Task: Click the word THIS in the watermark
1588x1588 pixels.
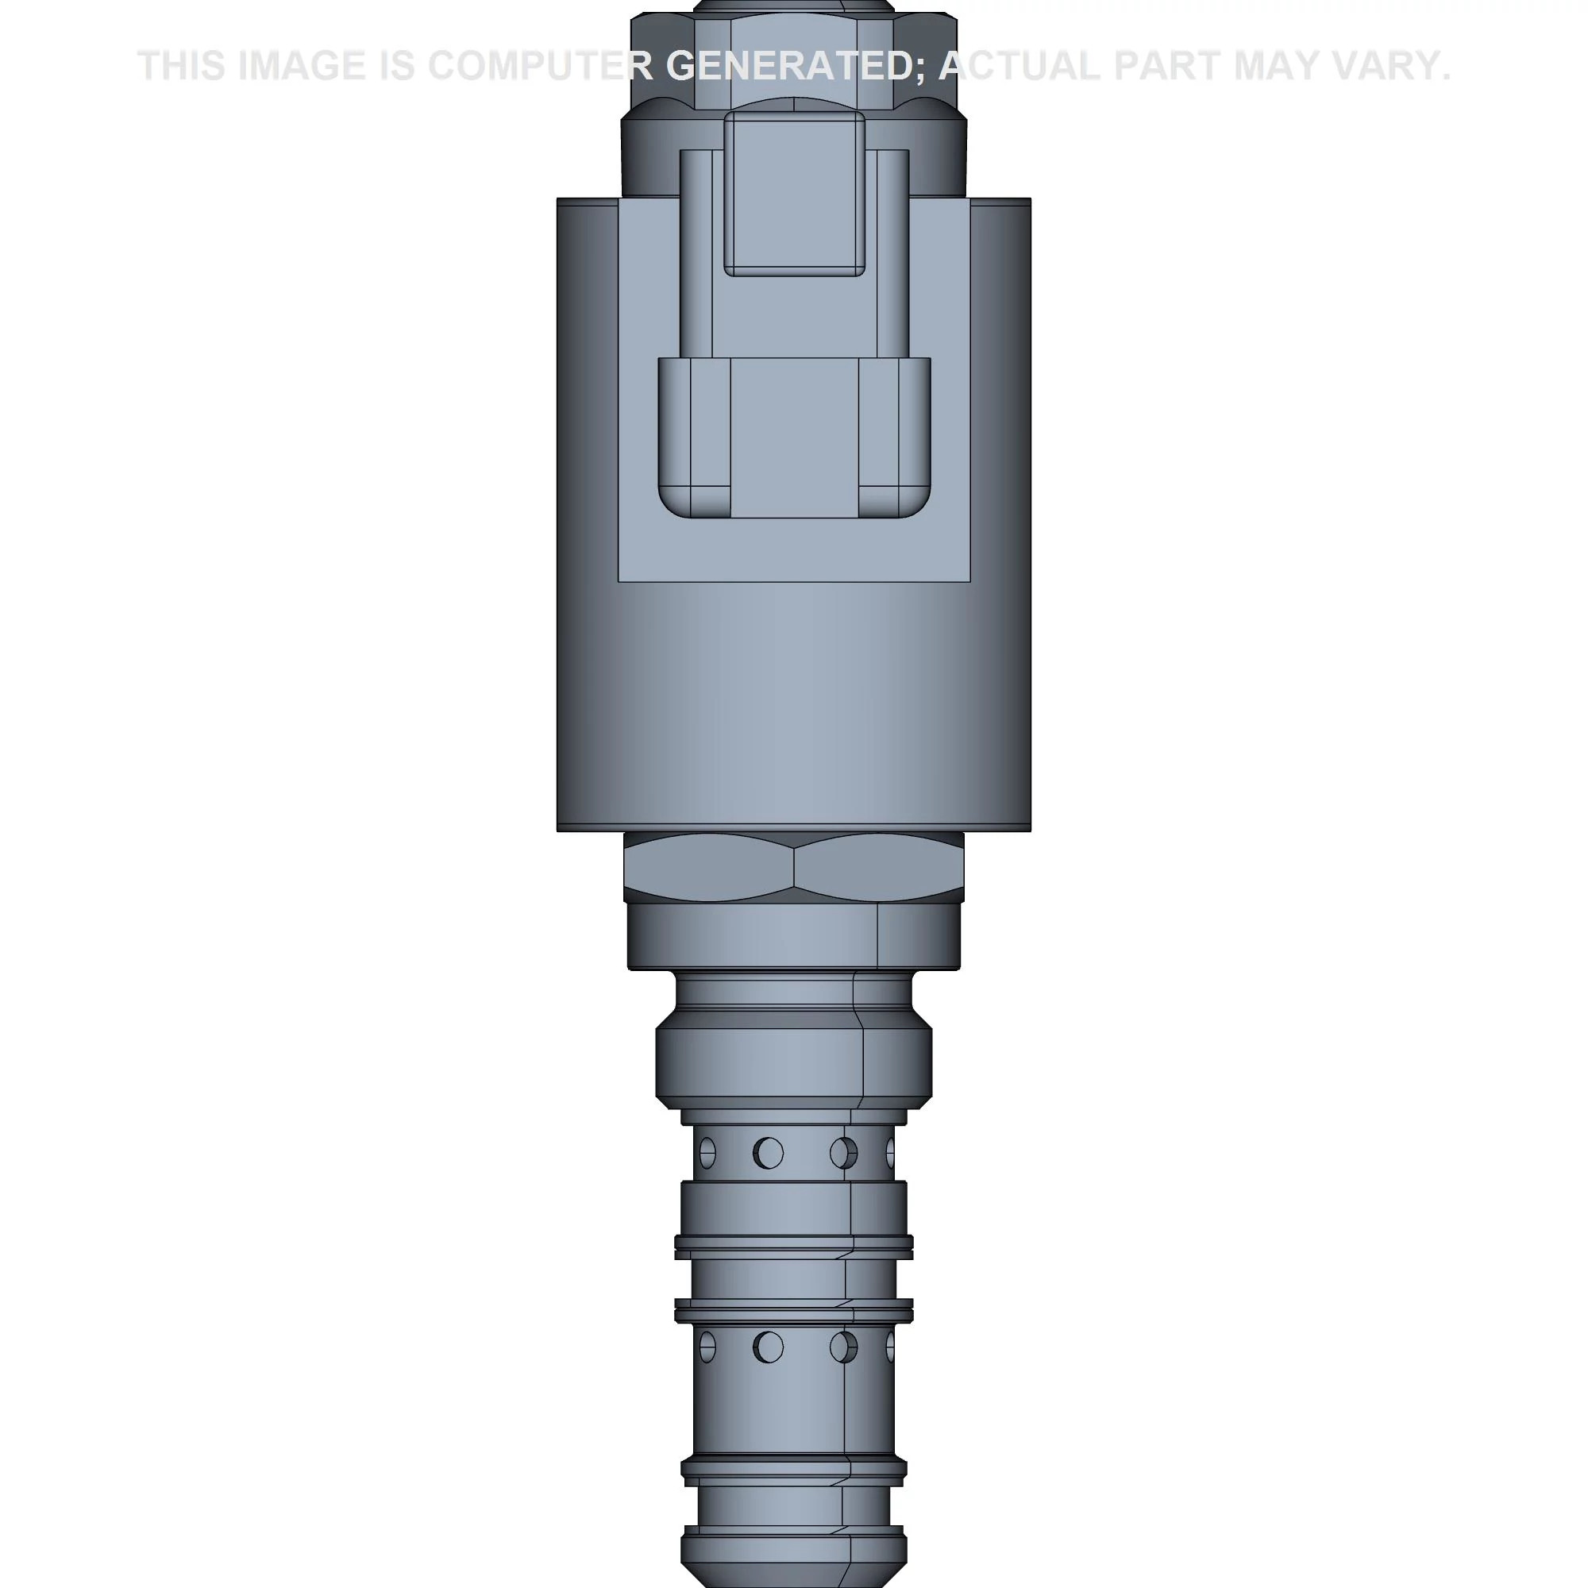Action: click(x=181, y=66)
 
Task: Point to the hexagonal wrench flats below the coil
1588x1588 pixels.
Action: click(x=794, y=868)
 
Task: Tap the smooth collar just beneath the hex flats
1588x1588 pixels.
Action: click(x=794, y=937)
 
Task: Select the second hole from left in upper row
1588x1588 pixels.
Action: click(x=769, y=1153)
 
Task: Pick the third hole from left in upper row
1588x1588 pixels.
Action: click(x=843, y=1153)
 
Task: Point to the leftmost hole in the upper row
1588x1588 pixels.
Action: click(x=707, y=1153)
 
